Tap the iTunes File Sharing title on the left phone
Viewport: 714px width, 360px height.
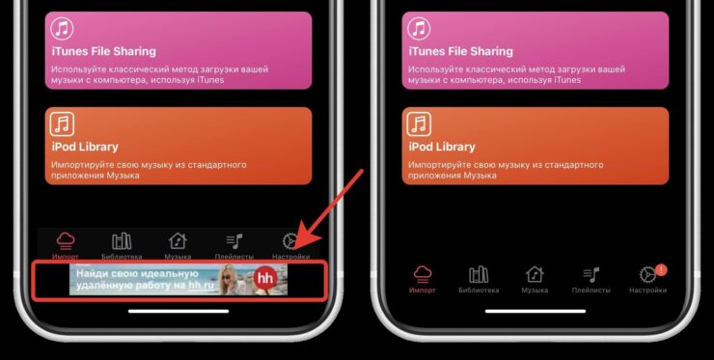(x=103, y=51)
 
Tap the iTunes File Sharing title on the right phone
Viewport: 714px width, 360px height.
(x=460, y=51)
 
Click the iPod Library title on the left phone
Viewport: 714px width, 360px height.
(x=85, y=147)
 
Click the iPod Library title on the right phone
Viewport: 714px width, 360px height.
(x=442, y=147)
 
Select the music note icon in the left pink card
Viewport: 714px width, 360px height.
(x=62, y=29)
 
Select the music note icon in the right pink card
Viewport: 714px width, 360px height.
(x=419, y=29)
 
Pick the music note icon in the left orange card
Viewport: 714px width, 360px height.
(x=62, y=125)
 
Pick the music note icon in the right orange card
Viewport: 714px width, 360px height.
(x=419, y=125)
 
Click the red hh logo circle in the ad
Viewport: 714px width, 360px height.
(x=265, y=279)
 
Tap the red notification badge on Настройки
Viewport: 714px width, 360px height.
(x=661, y=270)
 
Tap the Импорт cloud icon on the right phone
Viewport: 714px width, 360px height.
(x=423, y=275)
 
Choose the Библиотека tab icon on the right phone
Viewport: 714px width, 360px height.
(x=479, y=275)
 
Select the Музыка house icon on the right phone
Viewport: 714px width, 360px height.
(x=535, y=275)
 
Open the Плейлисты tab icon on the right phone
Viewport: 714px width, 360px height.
(x=591, y=275)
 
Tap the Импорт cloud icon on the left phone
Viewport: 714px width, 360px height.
(x=66, y=240)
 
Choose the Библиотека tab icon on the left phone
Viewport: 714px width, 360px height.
(x=122, y=240)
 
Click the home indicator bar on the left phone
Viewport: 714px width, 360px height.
(x=178, y=311)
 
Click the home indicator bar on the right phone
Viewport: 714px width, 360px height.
(x=535, y=311)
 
